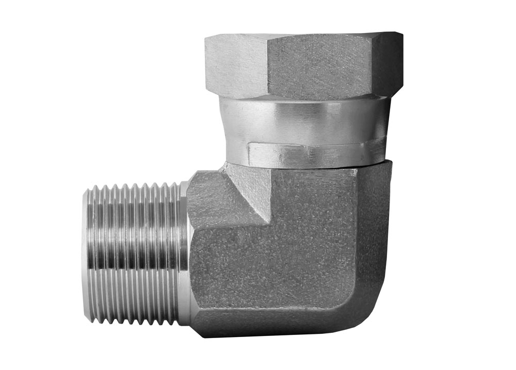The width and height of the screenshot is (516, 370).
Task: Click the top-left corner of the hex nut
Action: coord(206,37)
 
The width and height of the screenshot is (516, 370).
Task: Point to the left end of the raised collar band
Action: coord(249,153)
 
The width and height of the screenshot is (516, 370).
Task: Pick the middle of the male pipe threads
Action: coord(134,253)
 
